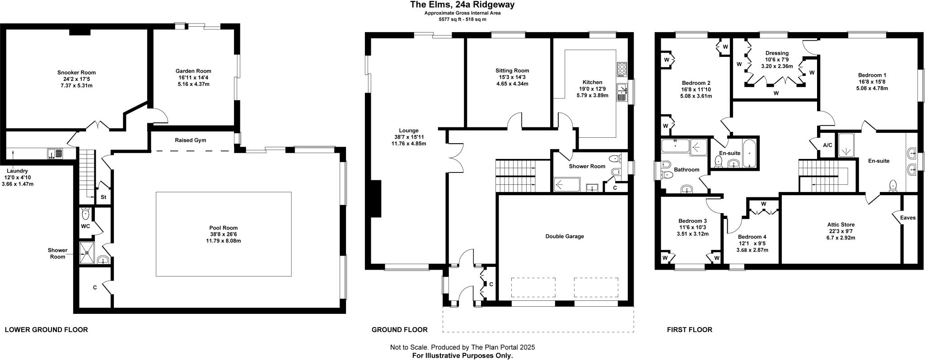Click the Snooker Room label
coord(76,72)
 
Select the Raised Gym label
coord(190,140)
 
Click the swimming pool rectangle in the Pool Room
coord(223,234)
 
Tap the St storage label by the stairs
coord(103,197)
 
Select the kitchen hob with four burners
coord(621,69)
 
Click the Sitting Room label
coord(512,70)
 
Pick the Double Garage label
coord(564,236)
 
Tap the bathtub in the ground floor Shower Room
coord(566,185)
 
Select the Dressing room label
coord(776,53)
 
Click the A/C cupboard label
coord(827,145)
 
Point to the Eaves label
coord(907,218)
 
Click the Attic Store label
coord(841,224)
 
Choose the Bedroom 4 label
coord(752,237)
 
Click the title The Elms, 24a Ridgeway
coord(462,5)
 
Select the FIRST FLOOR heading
coord(689,330)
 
